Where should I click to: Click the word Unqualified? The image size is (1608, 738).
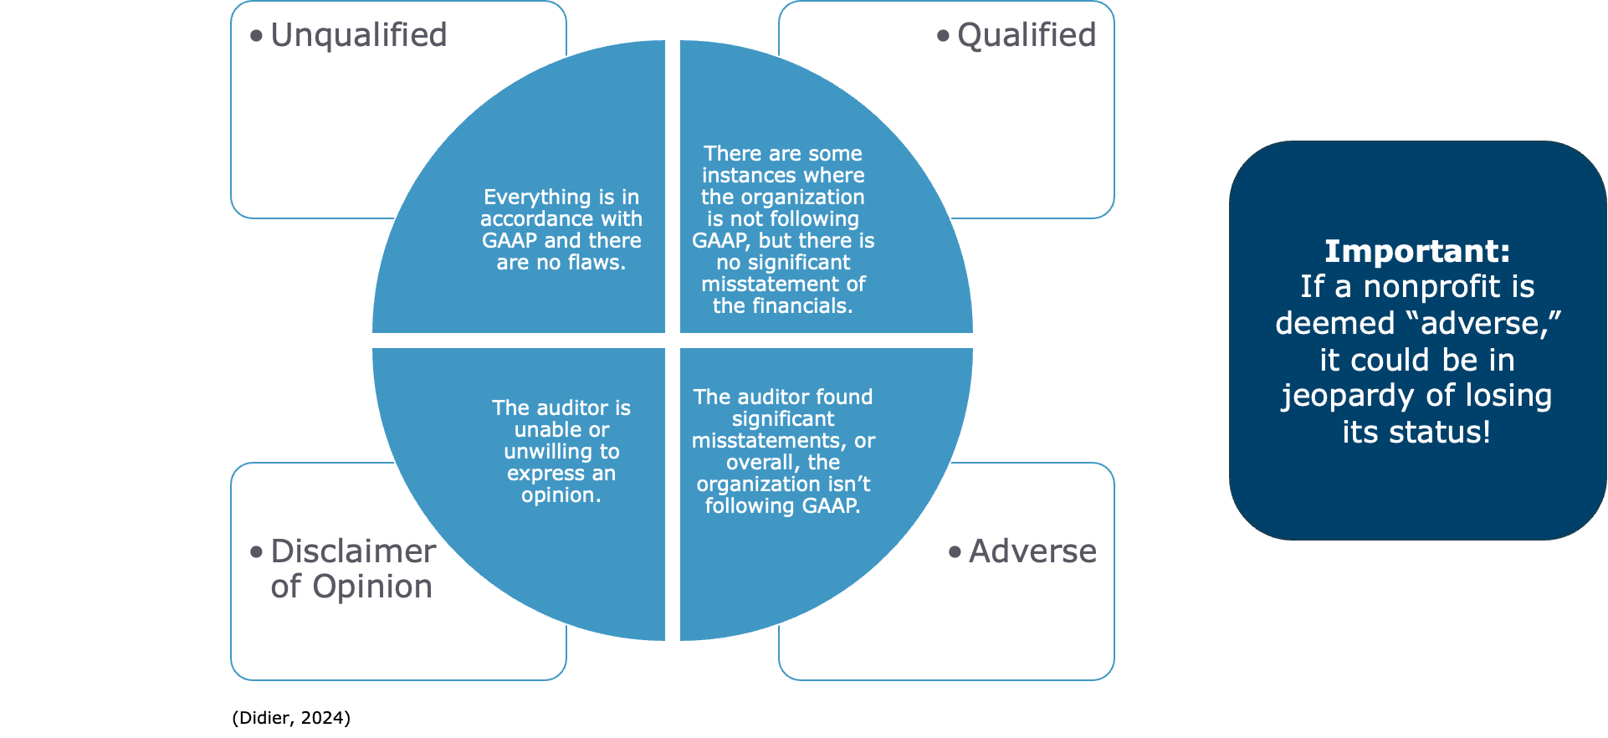(359, 35)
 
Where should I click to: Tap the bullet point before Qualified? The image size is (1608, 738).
(944, 36)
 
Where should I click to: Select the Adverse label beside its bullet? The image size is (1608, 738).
(1032, 551)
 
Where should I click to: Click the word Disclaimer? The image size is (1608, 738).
(353, 551)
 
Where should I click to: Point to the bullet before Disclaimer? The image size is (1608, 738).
(257, 552)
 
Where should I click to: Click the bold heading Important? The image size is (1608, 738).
(1416, 251)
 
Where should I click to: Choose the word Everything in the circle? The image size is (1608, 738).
(525, 197)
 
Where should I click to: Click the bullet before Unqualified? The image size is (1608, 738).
(257, 36)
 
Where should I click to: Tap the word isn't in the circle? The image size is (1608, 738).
(849, 484)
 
